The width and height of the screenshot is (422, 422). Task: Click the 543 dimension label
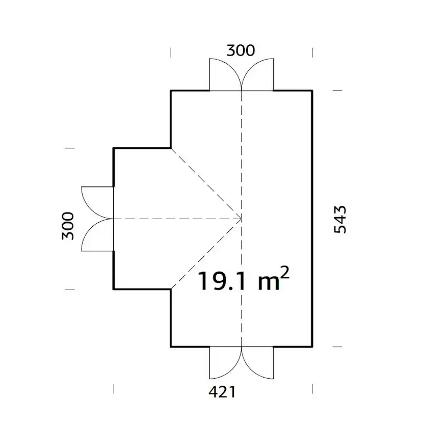click(340, 219)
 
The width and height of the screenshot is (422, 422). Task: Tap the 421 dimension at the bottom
click(222, 392)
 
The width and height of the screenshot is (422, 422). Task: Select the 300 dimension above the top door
click(241, 50)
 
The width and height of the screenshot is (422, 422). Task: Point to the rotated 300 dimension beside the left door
click(68, 226)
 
